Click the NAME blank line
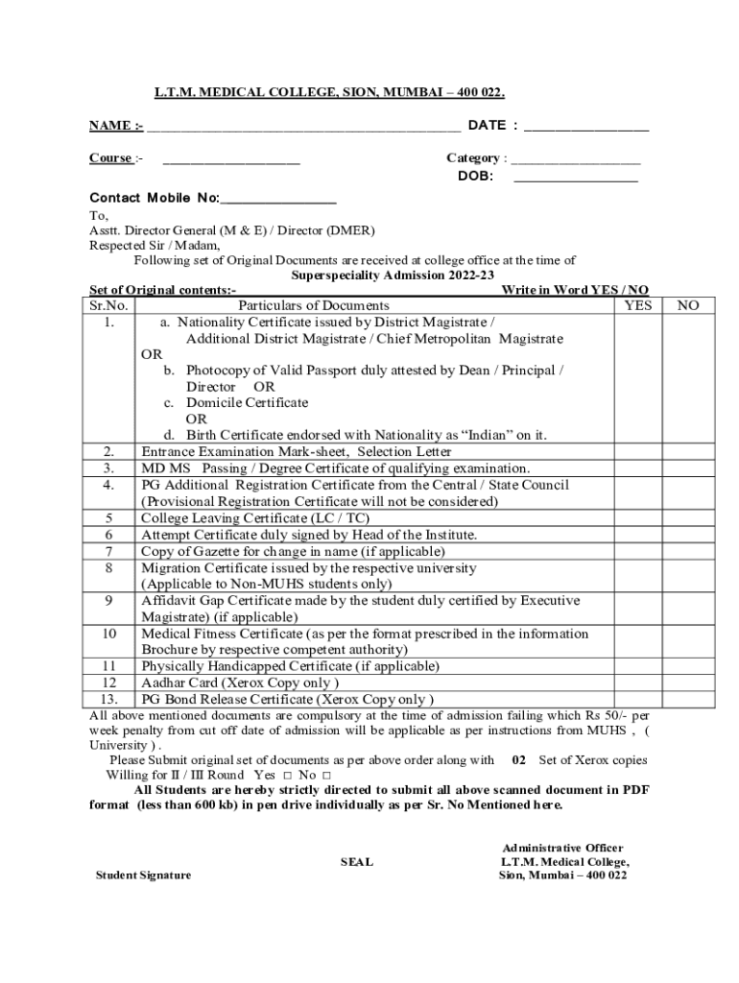(x=303, y=128)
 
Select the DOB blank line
(x=576, y=180)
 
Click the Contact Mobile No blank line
(x=278, y=201)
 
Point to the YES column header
(x=637, y=305)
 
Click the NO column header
(x=688, y=305)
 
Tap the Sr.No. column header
(x=109, y=305)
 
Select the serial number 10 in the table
(x=109, y=634)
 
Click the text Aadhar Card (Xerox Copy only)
(x=240, y=683)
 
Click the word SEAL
(x=357, y=862)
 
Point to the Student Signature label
(x=143, y=875)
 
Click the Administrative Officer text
(x=562, y=848)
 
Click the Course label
(x=111, y=157)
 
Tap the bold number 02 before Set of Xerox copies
(x=518, y=759)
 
